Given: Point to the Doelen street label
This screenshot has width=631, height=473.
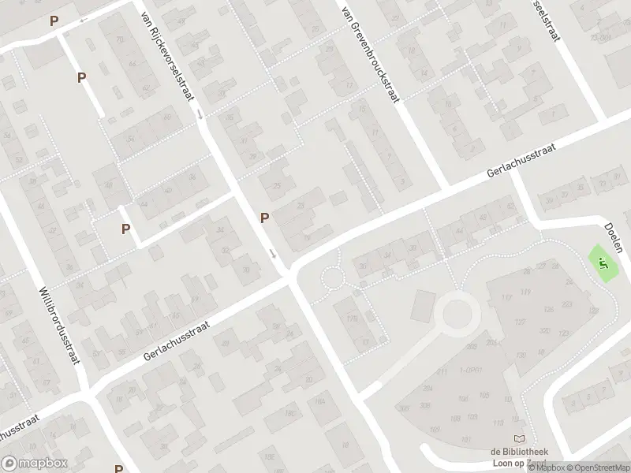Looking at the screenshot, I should pyautogui.click(x=615, y=235).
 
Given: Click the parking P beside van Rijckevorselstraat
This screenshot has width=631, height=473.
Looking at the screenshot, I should pyautogui.click(x=265, y=218).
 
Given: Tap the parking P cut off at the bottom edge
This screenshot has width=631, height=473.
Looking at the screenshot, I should pyautogui.click(x=118, y=468).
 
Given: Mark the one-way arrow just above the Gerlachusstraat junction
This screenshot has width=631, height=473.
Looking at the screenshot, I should pyautogui.click(x=273, y=254).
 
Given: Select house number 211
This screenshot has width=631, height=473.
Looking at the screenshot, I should pyautogui.click(x=442, y=371).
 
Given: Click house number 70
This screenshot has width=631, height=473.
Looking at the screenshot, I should pyautogui.click(x=120, y=39).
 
